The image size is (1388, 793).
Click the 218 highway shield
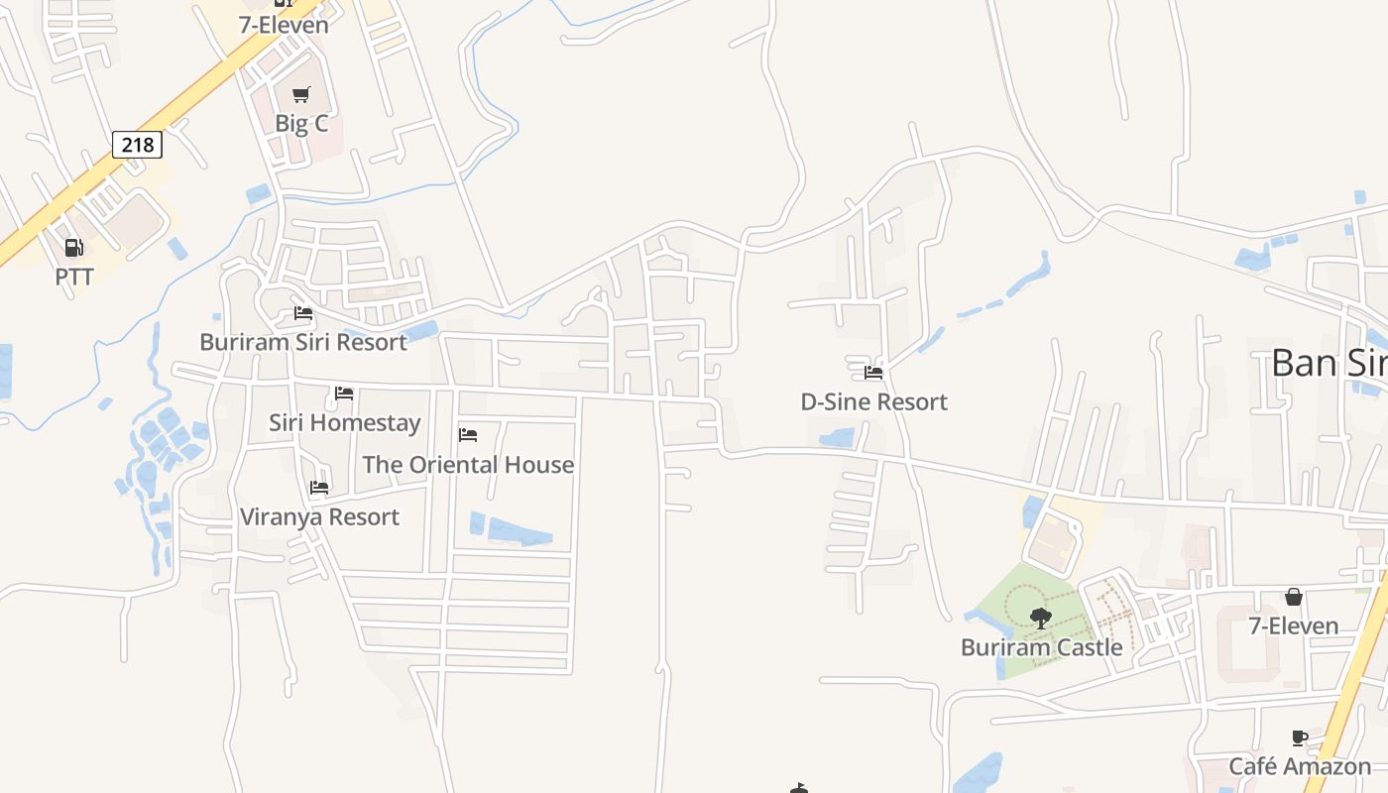pyautogui.click(x=137, y=145)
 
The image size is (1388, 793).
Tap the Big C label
pyautogui.click(x=301, y=124)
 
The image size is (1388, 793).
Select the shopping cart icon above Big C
pyautogui.click(x=301, y=95)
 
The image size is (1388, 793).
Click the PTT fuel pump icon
pyautogui.click(x=74, y=248)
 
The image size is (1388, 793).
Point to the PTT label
pyautogui.click(x=74, y=277)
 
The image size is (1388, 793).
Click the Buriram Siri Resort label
pyautogui.click(x=303, y=342)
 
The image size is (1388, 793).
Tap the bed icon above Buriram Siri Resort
pyautogui.click(x=303, y=313)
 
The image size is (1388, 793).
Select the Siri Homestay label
pyautogui.click(x=345, y=422)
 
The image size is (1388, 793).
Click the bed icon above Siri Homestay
pyautogui.click(x=344, y=394)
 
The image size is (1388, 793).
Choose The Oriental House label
pyautogui.click(x=468, y=464)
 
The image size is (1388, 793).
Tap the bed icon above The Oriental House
pyautogui.click(x=468, y=435)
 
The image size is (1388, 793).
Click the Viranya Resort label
pyautogui.click(x=319, y=516)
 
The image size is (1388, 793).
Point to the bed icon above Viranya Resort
pyautogui.click(x=319, y=488)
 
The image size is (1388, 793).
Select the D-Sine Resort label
pyautogui.click(x=873, y=401)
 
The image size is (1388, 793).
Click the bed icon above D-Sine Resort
pyautogui.click(x=873, y=373)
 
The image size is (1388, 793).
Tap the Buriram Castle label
pyautogui.click(x=1041, y=647)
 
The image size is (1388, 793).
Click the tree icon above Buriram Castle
pyautogui.click(x=1041, y=619)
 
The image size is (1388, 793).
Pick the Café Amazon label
pyautogui.click(x=1300, y=766)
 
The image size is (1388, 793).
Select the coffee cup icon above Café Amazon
pyautogui.click(x=1300, y=737)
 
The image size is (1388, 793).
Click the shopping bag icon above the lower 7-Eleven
pyautogui.click(x=1293, y=597)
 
